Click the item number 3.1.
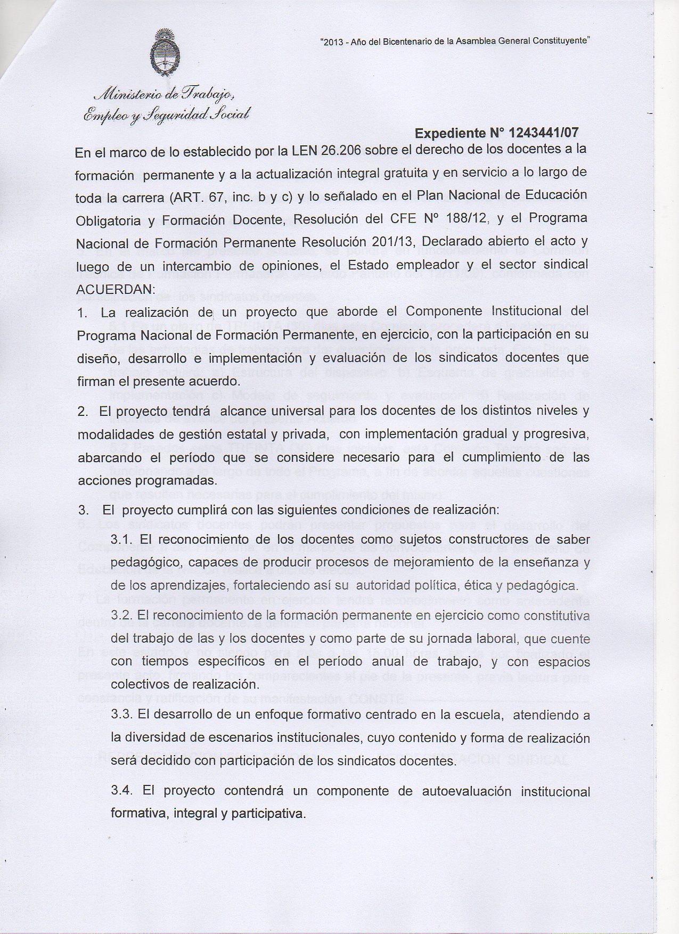[x=121, y=539]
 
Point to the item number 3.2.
[x=121, y=615]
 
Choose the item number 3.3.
[x=121, y=715]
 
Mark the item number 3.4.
[x=121, y=791]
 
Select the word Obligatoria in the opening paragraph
[x=108, y=220]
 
